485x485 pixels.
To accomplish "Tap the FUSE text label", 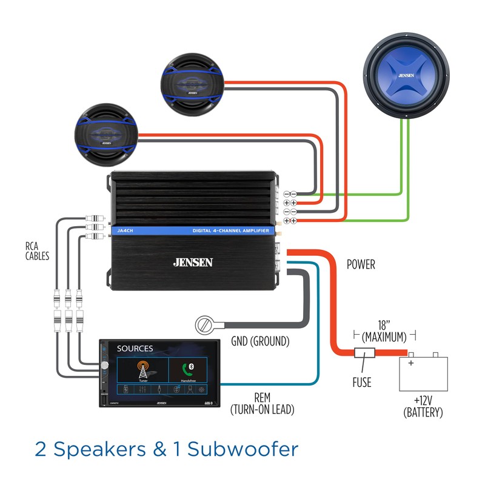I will pyautogui.click(x=361, y=383).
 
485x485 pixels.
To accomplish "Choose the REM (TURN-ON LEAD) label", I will pyautogui.click(x=262, y=404).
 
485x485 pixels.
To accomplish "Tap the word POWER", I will pyautogui.click(x=361, y=264).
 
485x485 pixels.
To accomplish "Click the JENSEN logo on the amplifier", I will pyautogui.click(x=193, y=263).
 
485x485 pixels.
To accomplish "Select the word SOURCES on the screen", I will pyautogui.click(x=135, y=349).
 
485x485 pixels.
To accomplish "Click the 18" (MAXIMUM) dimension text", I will pyautogui.click(x=384, y=332).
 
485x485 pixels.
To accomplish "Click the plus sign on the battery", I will pyautogui.click(x=410, y=363).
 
